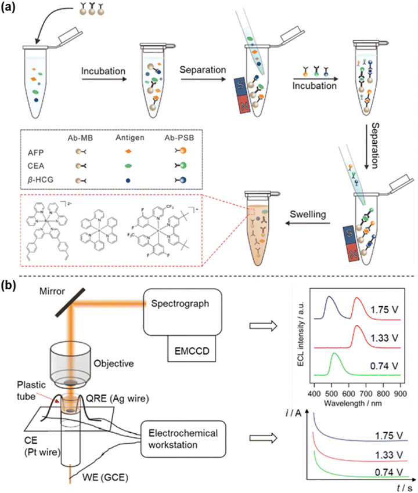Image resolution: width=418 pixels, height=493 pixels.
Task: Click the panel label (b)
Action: (x=11, y=286)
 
